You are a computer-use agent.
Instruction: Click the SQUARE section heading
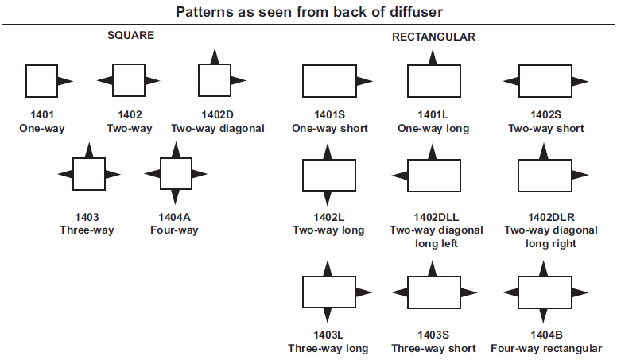pos(130,36)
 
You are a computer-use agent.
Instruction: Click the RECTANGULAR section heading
pos(433,37)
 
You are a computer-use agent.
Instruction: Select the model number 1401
pos(42,115)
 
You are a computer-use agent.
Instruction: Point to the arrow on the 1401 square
pos(65,81)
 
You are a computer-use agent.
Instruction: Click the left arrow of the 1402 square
pos(105,80)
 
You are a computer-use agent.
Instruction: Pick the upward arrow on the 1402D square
pos(215,56)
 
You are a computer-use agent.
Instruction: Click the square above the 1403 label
pos(89,174)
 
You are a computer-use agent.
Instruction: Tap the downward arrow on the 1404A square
pos(176,197)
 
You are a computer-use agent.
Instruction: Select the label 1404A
pos(174,217)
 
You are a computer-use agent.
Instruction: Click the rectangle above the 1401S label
pos(329,81)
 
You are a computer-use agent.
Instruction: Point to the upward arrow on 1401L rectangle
pos(433,57)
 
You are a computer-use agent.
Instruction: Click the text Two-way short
pos(545,128)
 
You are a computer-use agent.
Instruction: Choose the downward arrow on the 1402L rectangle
pos(328,199)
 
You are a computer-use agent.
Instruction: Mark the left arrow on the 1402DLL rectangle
pos(400,175)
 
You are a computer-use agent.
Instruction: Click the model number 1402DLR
pos(551,217)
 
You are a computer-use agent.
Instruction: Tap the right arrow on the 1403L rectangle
pos(364,292)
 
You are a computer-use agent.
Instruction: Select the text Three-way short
pos(433,349)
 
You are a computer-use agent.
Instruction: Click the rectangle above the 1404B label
pos(545,292)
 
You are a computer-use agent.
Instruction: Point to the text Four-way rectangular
pos(546,349)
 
